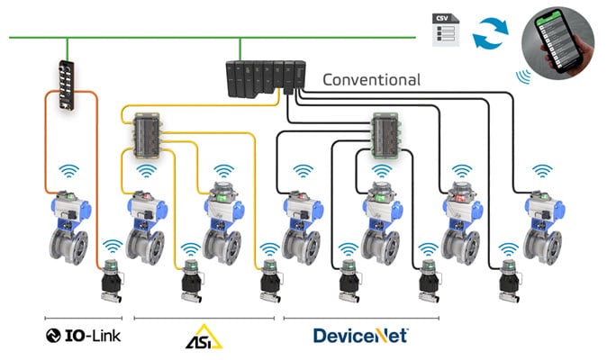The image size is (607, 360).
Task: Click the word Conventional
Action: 371,79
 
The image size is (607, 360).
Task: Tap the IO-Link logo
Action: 83,337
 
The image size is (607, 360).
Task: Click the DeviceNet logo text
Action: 360,336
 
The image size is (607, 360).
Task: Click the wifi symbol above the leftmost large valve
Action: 68,171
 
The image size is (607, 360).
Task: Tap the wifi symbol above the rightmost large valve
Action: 542,171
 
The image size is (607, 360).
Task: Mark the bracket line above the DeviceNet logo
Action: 360,318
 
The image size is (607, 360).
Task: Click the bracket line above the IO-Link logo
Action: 83,318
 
